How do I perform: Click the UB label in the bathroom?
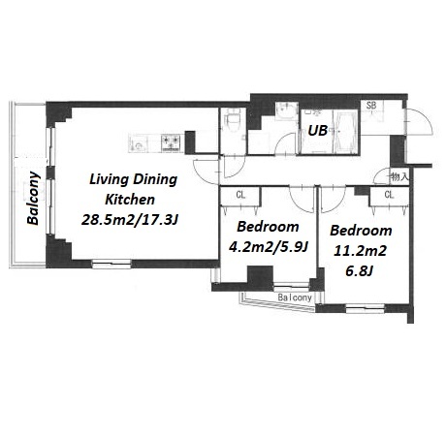pos(317,130)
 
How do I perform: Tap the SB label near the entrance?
pos(371,105)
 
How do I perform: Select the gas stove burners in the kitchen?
pos(171,142)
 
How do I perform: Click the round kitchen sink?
pos(140,145)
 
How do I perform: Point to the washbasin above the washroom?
pos(286,110)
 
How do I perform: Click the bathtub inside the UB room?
pos(346,133)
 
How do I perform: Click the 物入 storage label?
pos(399,176)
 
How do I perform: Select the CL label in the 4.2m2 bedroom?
pos(240,195)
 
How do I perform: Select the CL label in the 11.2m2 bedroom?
pos(390,195)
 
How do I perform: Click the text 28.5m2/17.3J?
pos(130,220)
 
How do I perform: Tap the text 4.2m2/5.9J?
pos(268,247)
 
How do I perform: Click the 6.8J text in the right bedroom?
pos(360,270)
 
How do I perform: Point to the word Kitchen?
pos(130,200)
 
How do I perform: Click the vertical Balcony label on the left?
pos(33,198)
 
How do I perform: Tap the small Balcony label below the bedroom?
pos(295,298)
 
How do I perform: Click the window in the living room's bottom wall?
pos(111,264)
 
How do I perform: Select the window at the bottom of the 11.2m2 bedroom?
pos(366,308)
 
